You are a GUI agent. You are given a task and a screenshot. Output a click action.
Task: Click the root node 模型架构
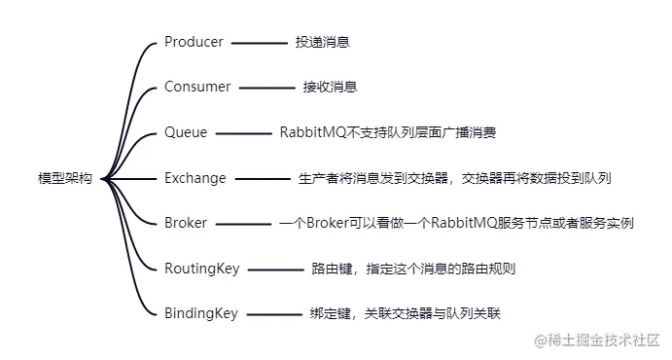[65, 178]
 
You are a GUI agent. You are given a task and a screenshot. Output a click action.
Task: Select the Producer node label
[194, 42]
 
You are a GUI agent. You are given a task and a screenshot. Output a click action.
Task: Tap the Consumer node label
[197, 87]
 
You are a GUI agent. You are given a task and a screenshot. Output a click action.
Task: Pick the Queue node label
[186, 132]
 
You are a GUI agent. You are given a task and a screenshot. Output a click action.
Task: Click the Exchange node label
[195, 178]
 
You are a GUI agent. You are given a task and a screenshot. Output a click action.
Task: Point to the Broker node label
[186, 223]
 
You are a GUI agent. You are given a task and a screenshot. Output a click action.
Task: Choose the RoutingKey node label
[201, 269]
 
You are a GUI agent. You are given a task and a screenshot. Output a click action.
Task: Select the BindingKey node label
[200, 313]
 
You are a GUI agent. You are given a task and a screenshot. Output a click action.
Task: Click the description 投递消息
[323, 43]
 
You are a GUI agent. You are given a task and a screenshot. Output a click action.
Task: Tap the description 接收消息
[330, 88]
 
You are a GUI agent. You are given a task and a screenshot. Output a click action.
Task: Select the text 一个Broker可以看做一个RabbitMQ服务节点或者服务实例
[457, 223]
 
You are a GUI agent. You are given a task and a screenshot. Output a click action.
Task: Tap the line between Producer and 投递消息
[259, 43]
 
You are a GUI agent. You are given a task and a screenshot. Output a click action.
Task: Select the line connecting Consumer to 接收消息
[265, 88]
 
